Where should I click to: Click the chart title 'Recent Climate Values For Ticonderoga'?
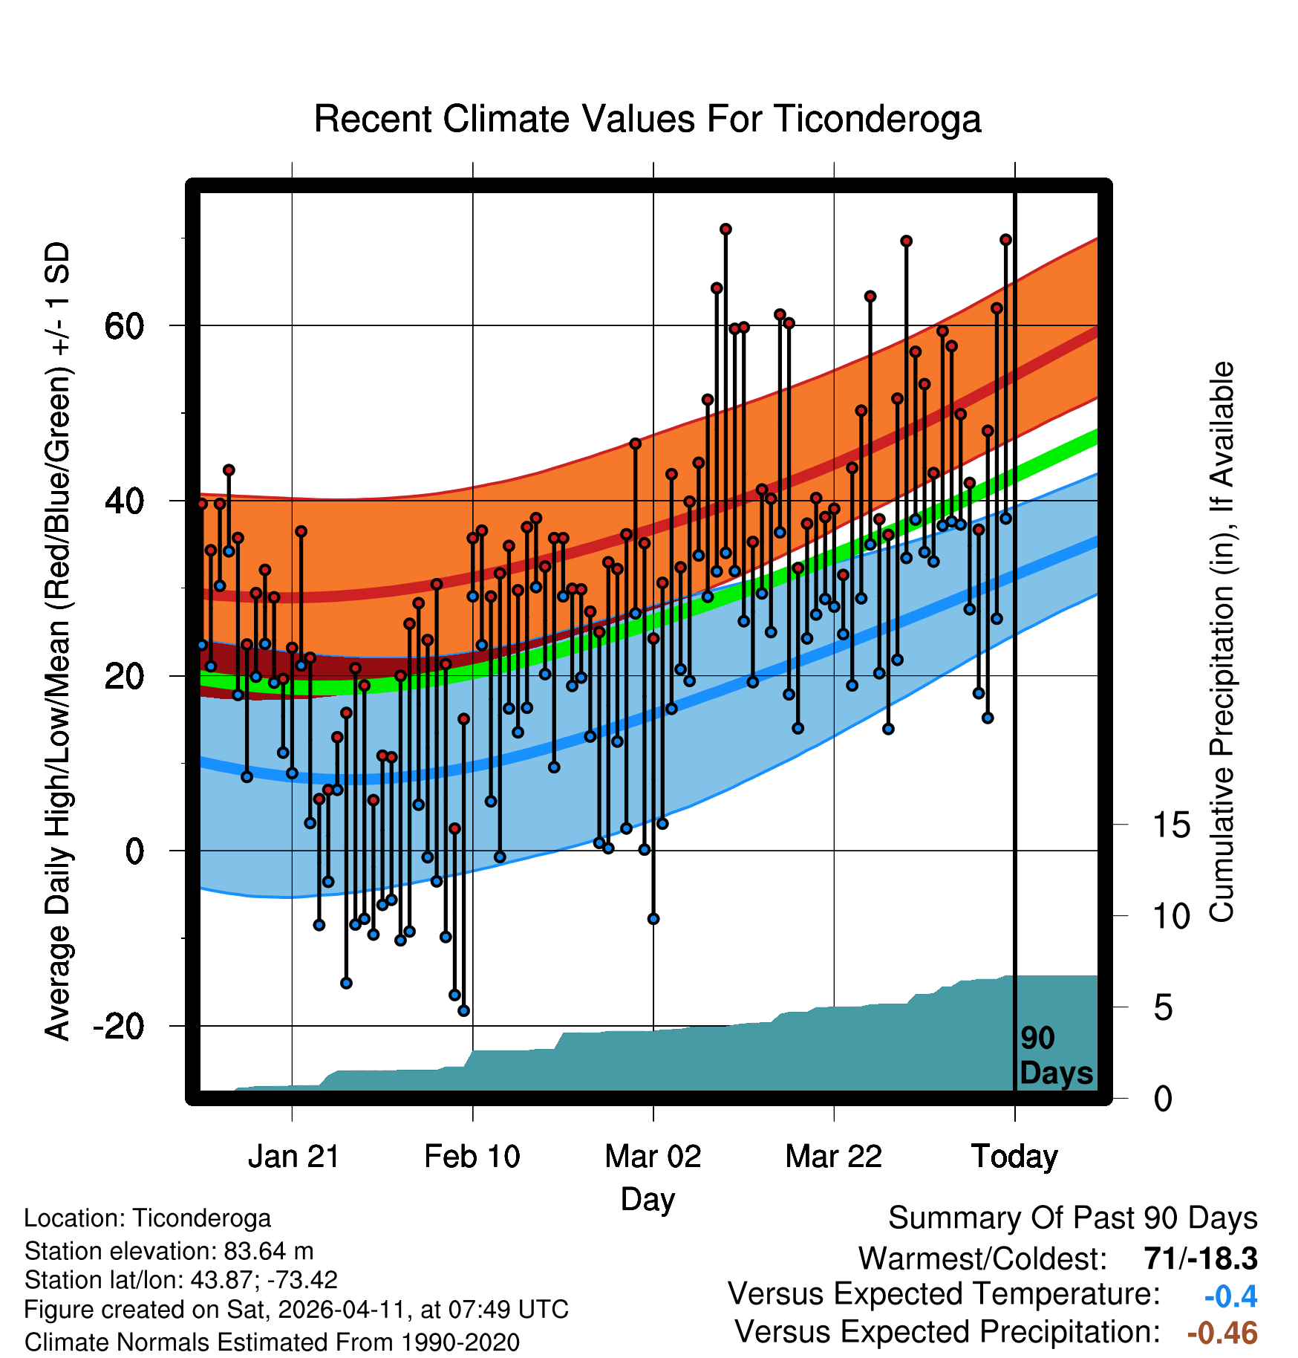pos(648,119)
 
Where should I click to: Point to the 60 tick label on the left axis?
pos(125,325)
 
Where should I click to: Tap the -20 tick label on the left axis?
pos(118,1026)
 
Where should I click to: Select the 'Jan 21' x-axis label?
pos(293,1156)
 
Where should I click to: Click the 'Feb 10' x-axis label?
pos(472,1156)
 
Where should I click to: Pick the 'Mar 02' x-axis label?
pos(653,1156)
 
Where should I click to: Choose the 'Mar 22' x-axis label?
pos(833,1156)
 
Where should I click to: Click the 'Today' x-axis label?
pos(1014,1156)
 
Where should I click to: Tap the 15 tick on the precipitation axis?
pos(1171,825)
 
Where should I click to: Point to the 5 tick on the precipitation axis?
pos(1164,1008)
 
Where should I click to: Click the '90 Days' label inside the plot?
pos(1055,1056)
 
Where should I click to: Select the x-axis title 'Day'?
pos(648,1199)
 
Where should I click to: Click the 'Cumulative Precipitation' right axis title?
pos(1222,642)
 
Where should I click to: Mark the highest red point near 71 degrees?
pos(725,229)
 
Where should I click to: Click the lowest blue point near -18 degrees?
pos(463,1010)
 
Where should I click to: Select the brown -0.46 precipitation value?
pos(1222,1333)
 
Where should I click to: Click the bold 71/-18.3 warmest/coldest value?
pos(1201,1258)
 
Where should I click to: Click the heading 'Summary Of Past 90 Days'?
pos(1072,1218)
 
